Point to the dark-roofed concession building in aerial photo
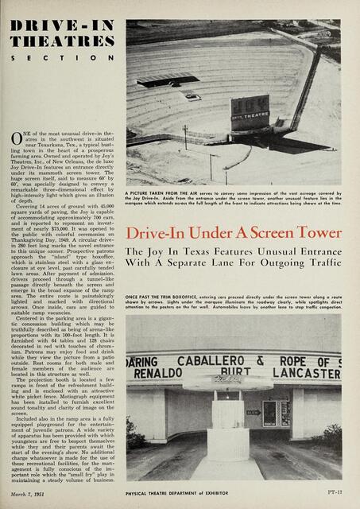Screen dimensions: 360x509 pos(168,79)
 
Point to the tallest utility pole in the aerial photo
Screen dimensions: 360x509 pos(184,135)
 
